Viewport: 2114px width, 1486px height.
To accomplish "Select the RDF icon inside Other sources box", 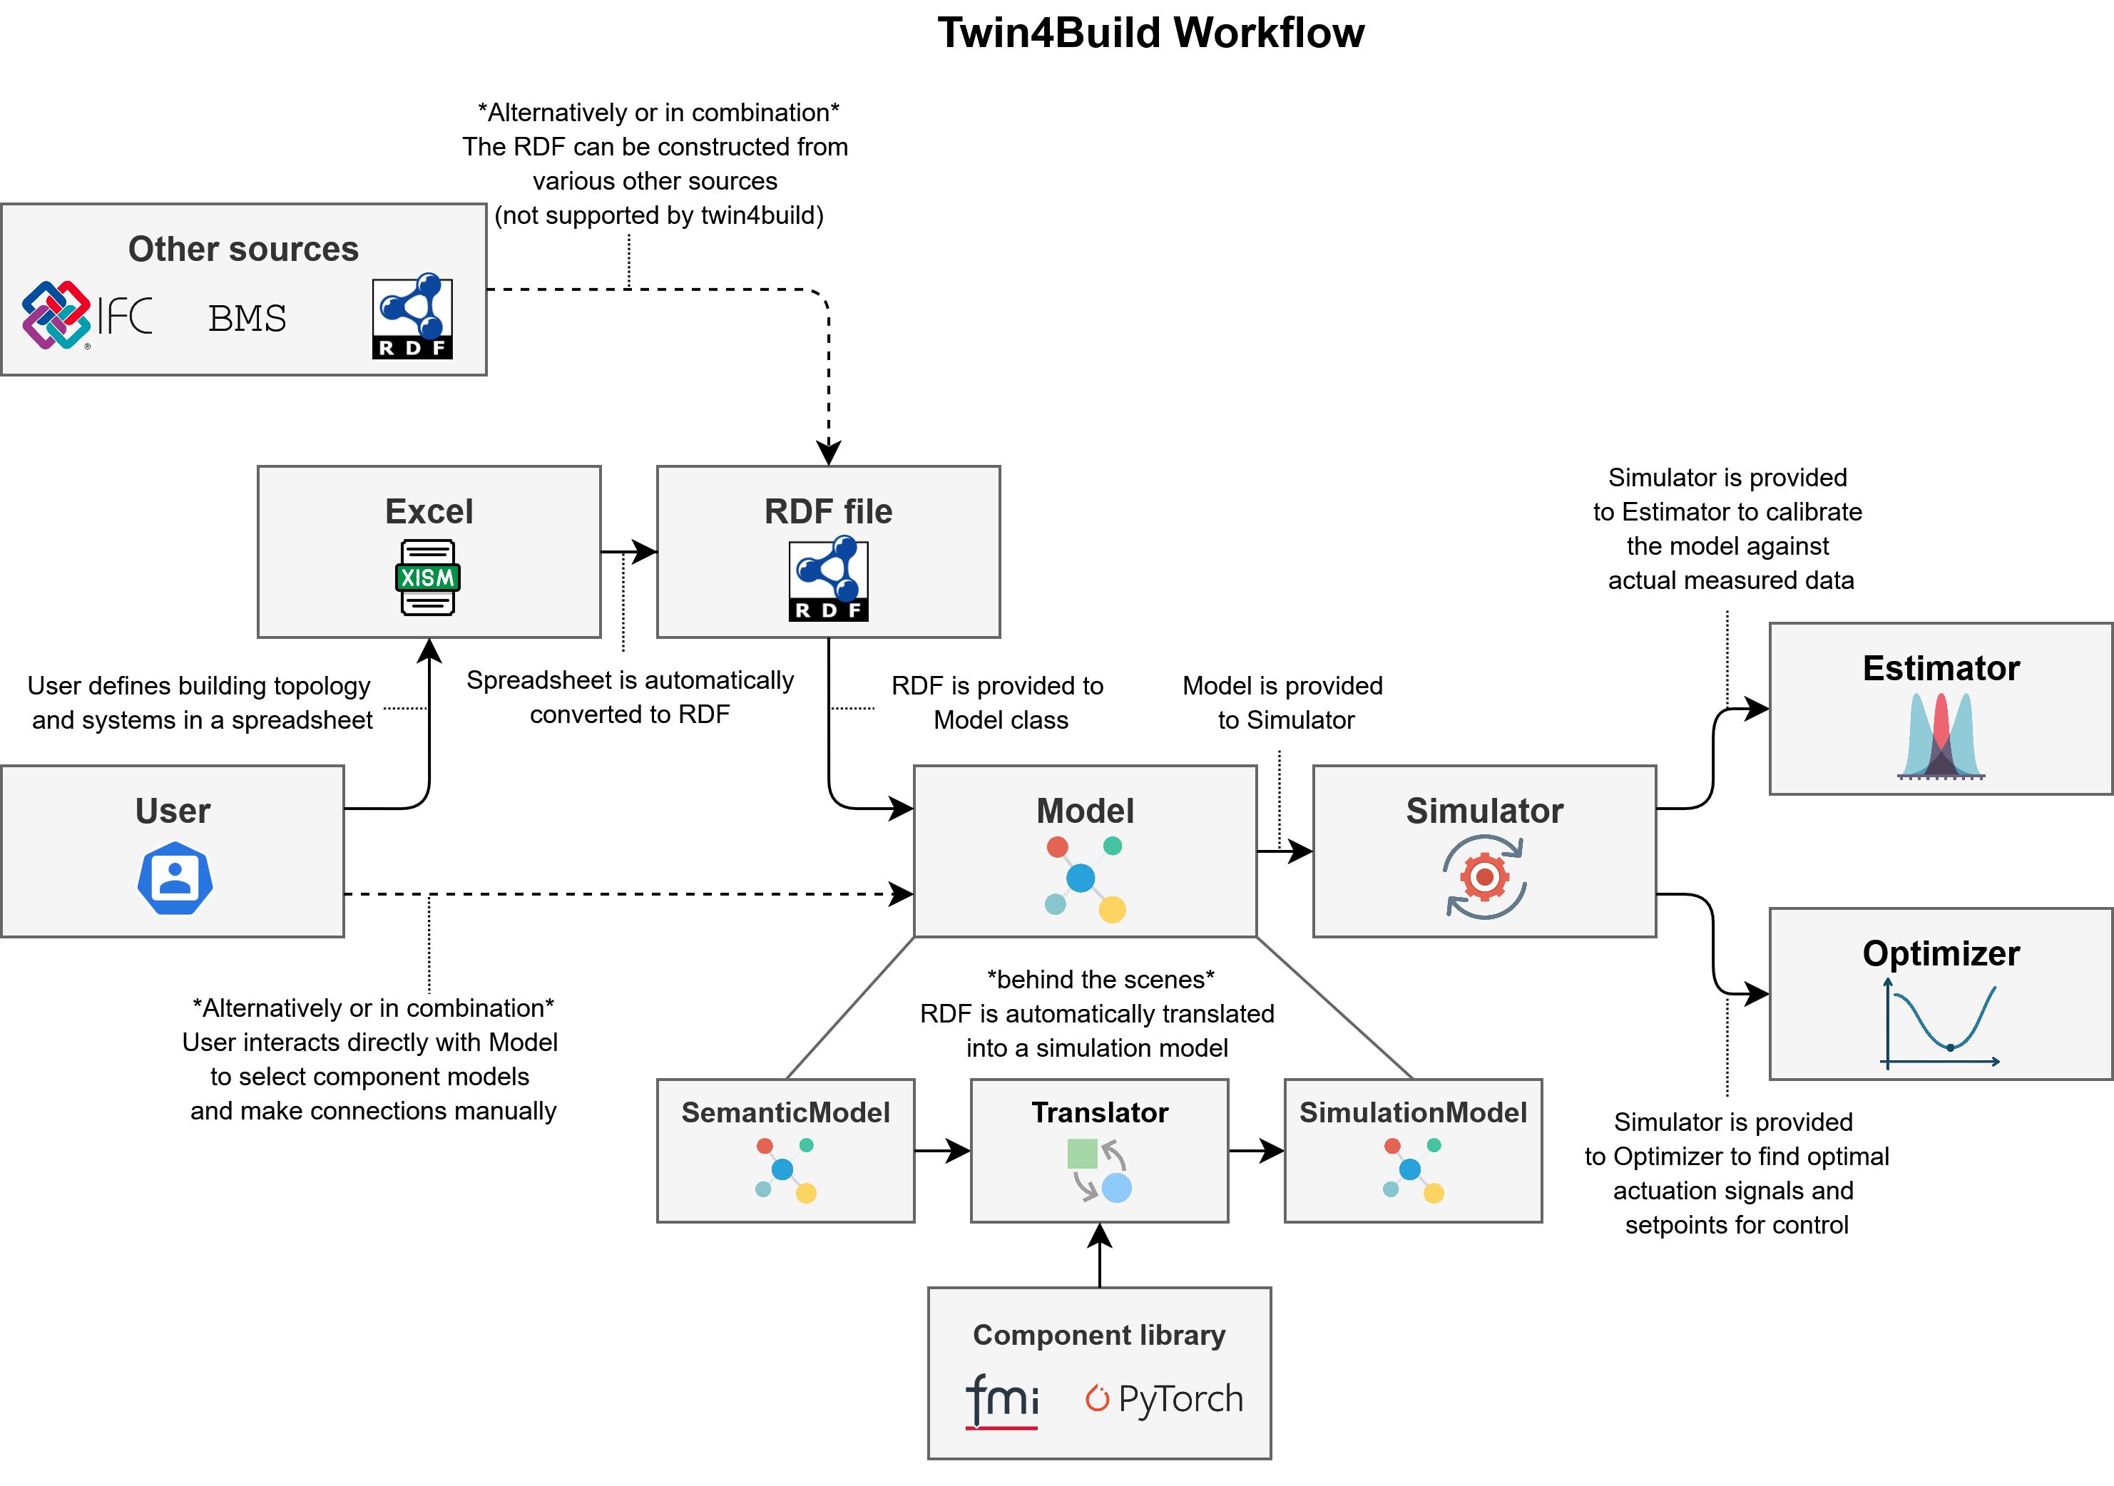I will point(412,316).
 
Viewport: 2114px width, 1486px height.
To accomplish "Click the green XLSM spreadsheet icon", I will point(427,578).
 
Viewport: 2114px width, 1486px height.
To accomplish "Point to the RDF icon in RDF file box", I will point(828,579).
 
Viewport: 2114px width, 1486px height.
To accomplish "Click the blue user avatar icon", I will point(175,878).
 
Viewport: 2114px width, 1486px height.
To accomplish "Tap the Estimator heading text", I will point(1940,667).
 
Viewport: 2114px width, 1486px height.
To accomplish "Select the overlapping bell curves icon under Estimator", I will point(1940,736).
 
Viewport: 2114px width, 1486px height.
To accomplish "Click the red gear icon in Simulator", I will point(1484,876).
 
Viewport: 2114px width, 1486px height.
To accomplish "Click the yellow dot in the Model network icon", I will point(1111,910).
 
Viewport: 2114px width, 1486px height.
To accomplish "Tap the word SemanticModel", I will point(785,1112).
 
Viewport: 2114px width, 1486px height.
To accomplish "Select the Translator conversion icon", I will point(1099,1170).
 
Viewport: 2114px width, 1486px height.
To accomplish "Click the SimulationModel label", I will point(1412,1112).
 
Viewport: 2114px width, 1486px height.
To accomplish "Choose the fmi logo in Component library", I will point(1002,1400).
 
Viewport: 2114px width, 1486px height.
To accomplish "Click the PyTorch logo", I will point(1164,1398).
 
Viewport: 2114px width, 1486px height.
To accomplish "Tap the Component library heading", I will point(1098,1334).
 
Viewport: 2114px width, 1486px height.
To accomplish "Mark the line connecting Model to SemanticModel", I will point(851,1008).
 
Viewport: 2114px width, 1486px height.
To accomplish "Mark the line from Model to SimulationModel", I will point(1334,1008).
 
